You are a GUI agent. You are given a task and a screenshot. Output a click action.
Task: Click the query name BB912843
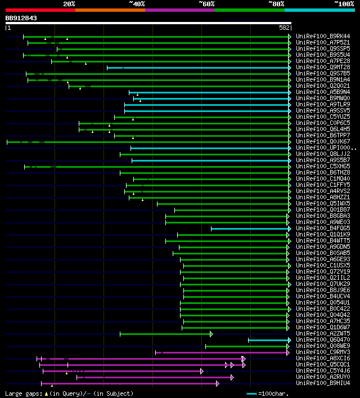[21, 18]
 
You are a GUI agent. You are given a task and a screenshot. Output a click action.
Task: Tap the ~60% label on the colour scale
[206, 3]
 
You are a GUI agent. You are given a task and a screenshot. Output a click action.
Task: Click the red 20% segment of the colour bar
[40, 10]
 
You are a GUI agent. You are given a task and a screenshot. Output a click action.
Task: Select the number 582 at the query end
[284, 28]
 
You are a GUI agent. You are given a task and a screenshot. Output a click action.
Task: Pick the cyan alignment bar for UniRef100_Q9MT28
[197, 68]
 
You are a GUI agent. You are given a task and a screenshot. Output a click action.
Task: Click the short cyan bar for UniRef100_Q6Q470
[269, 340]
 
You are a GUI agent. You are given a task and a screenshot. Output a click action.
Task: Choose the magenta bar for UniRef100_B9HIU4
[129, 383]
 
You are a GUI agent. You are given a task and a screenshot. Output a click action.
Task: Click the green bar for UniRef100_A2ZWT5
[165, 334]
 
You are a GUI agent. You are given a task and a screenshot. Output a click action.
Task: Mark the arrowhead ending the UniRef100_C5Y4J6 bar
[201, 371]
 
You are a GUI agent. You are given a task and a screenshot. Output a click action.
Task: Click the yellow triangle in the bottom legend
[47, 393]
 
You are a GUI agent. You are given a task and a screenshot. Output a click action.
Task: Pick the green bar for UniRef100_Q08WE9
[247, 346]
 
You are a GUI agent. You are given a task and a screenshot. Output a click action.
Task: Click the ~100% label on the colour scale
[344, 3]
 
